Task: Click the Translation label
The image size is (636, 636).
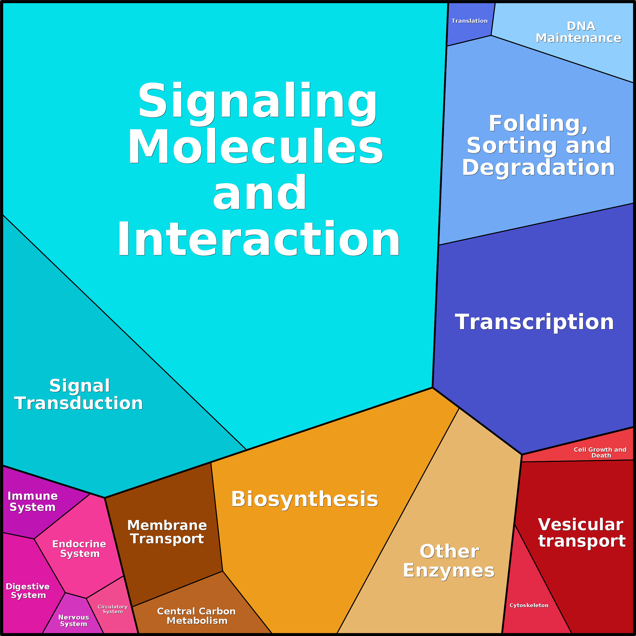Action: click(469, 21)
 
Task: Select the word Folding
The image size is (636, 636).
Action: click(538, 124)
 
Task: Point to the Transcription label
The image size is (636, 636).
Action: click(534, 322)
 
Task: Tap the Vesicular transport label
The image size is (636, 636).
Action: click(581, 533)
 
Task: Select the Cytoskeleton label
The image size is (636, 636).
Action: click(529, 605)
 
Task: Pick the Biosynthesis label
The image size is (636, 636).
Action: click(305, 499)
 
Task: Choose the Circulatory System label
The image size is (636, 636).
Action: click(113, 609)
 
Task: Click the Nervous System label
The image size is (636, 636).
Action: click(73, 621)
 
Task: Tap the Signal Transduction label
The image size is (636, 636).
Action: click(79, 394)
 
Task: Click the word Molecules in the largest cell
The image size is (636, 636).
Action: click(255, 147)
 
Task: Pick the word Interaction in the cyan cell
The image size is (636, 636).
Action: click(259, 239)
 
